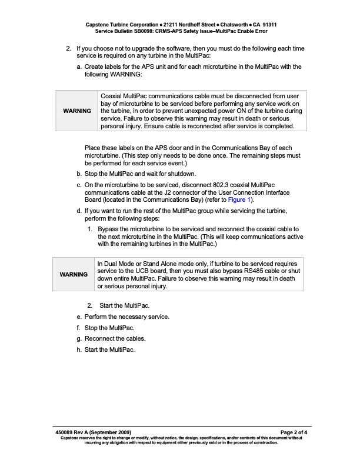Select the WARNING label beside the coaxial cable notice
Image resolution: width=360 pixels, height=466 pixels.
pyautogui.click(x=77, y=111)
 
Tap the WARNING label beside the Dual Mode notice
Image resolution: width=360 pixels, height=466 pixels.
pyautogui.click(x=74, y=275)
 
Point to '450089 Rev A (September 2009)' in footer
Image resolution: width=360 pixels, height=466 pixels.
pyautogui.click(x=93, y=432)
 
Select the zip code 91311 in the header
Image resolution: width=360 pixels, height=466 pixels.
pyautogui.click(x=267, y=25)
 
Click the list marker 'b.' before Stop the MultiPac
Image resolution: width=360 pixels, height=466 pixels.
pyautogui.click(x=79, y=174)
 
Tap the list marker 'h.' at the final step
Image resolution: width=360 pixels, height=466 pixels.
pyautogui.click(x=79, y=350)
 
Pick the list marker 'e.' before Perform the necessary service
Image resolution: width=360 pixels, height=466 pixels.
pyautogui.click(x=79, y=317)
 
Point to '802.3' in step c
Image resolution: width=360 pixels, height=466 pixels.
pyautogui.click(x=189, y=185)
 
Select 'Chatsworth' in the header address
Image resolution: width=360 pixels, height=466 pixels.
pyautogui.click(x=231, y=25)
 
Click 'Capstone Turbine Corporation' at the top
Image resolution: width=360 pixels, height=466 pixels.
pyautogui.click(x=121, y=25)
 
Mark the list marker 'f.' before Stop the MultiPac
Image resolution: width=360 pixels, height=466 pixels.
pyautogui.click(x=79, y=328)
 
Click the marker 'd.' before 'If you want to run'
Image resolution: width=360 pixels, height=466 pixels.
pyautogui.click(x=79, y=211)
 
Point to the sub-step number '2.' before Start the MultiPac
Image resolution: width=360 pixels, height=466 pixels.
pyautogui.click(x=90, y=305)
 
